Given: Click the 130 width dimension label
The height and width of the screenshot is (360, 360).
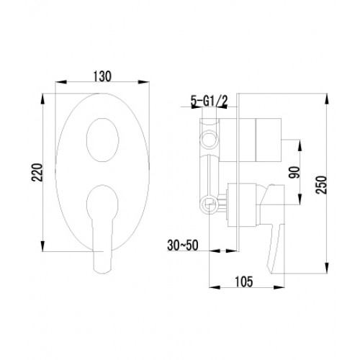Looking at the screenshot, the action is click(102, 76).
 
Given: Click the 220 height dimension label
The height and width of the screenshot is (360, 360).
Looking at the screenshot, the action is click(37, 172).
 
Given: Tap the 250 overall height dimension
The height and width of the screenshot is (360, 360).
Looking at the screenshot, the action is click(321, 184).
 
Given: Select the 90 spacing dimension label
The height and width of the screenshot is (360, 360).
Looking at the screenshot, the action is click(294, 172).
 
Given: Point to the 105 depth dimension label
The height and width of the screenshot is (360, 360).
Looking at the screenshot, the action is click(243, 282).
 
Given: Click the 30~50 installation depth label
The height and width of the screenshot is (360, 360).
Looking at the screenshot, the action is click(183, 246).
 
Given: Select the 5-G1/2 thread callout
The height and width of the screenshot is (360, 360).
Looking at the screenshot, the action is click(209, 102).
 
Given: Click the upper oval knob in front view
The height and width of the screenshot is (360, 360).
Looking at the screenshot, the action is click(102, 140).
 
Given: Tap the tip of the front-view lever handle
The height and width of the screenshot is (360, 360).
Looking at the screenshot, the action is click(102, 271).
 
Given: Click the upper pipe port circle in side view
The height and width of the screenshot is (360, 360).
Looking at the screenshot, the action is click(210, 139).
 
